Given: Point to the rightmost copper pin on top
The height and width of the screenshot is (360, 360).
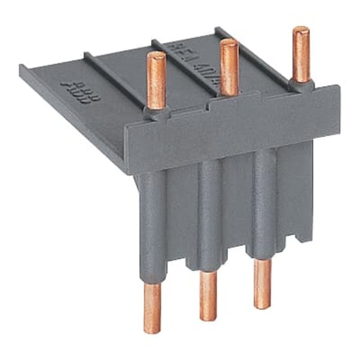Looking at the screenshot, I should (301, 54).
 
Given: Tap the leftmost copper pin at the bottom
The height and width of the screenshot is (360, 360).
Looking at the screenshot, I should (152, 308).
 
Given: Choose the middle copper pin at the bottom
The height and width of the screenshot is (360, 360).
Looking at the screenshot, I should (208, 295).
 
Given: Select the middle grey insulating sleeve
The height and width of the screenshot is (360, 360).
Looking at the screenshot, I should (210, 212).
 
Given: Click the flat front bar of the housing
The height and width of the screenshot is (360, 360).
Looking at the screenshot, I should (234, 130).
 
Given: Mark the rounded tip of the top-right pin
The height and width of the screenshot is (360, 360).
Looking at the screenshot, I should (301, 30).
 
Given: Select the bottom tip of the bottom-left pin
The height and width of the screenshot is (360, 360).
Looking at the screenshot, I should (152, 329).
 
